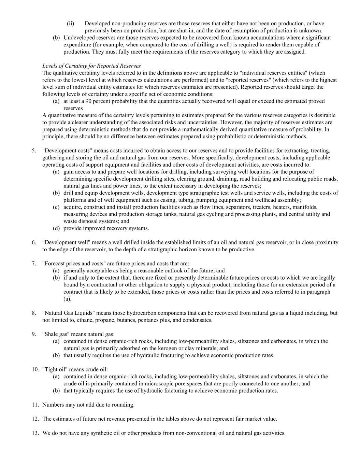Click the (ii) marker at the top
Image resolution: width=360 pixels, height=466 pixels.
pos(70,24)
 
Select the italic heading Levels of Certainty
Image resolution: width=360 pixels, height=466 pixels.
pos(91,66)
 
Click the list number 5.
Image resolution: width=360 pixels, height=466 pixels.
pos(34,151)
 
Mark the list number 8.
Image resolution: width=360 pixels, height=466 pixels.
pos(34,313)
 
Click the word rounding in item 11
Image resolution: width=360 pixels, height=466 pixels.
pos(123,405)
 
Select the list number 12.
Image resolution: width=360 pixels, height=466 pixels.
pos(35,419)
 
